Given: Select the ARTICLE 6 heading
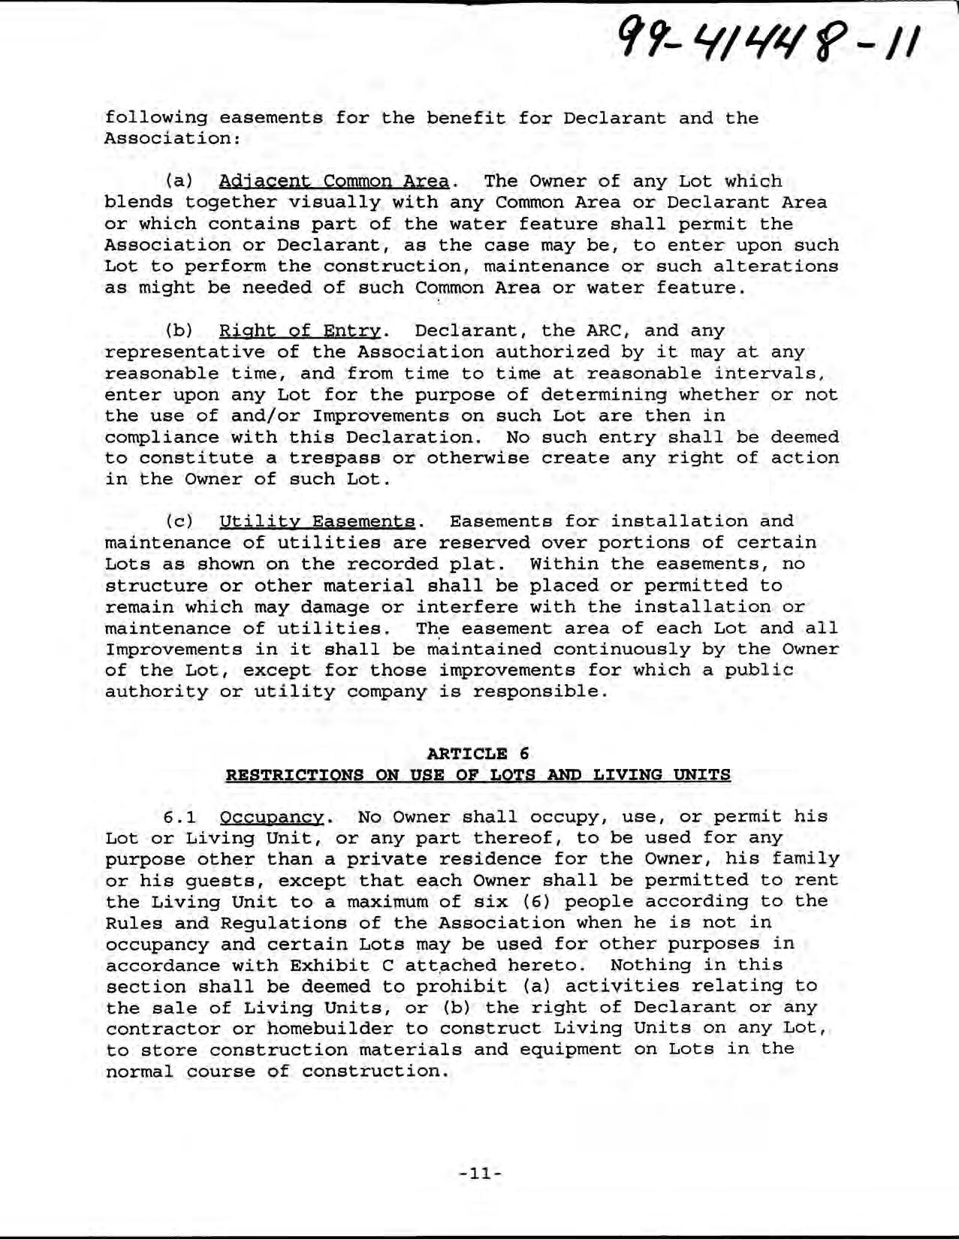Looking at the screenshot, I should (x=478, y=753).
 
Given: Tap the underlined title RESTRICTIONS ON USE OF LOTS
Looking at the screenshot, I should (x=478, y=775).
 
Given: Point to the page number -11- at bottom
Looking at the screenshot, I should (x=479, y=1172).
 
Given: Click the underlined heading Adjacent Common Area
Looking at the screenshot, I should (x=333, y=182).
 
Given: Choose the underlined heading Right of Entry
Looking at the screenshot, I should (x=300, y=331).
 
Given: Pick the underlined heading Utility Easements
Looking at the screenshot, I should (x=316, y=522).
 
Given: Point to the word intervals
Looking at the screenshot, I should (x=774, y=373).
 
